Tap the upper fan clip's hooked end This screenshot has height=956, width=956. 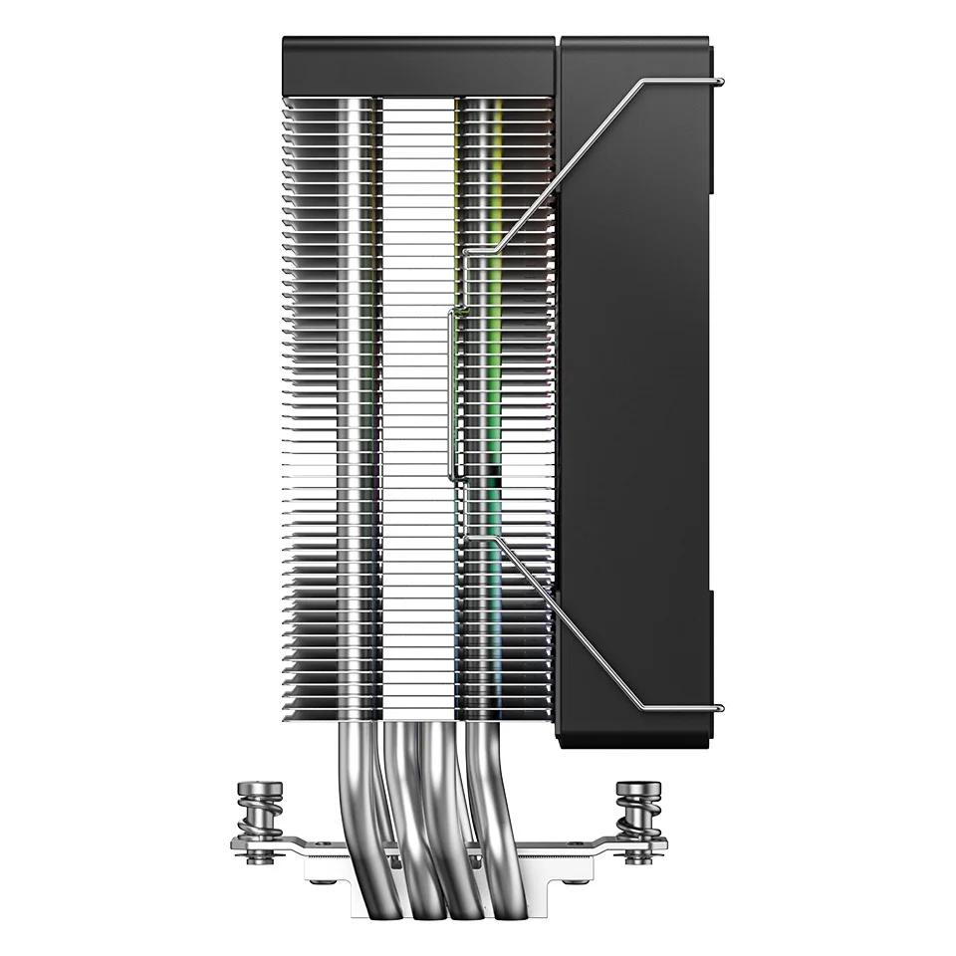719,82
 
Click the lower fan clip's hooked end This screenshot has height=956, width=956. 719,708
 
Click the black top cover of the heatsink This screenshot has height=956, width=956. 418,65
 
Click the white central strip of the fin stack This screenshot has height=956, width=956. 418,398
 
